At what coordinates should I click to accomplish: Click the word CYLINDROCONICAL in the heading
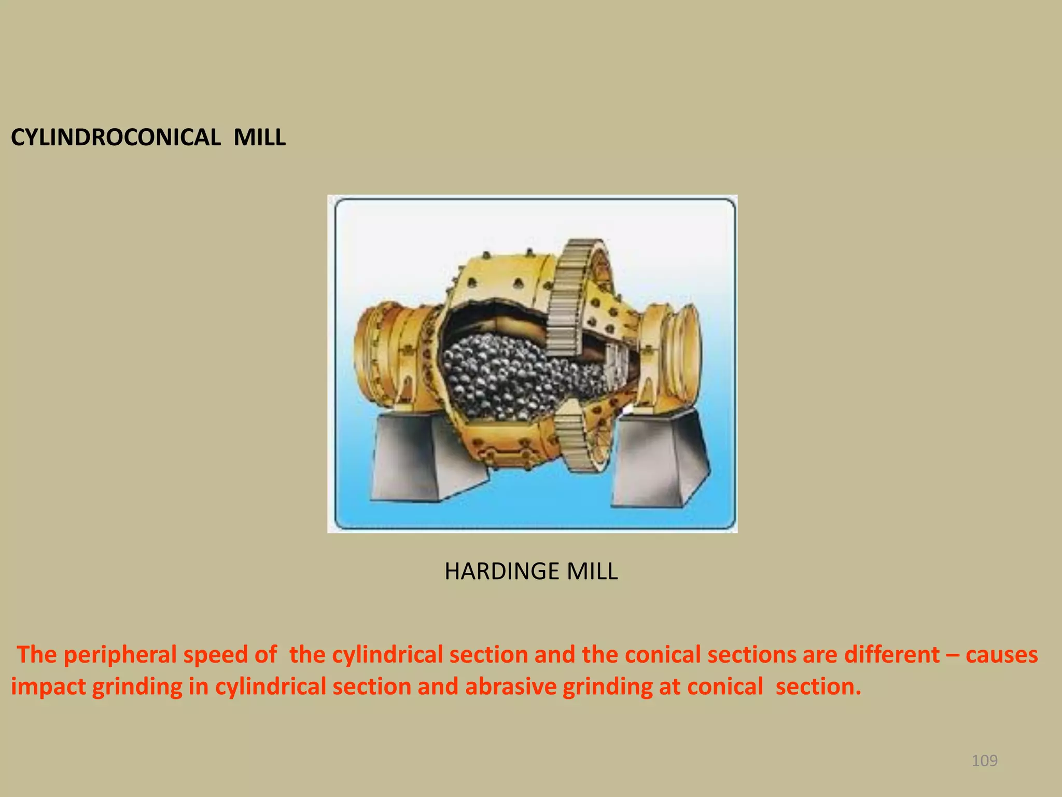[115, 138]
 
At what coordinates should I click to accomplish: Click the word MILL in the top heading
[259, 138]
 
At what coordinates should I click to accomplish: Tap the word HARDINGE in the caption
[501, 571]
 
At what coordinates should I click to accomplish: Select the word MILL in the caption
[592, 571]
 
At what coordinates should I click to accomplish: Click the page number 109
[984, 761]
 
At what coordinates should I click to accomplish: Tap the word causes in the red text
[1001, 655]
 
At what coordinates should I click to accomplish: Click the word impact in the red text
[48, 687]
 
